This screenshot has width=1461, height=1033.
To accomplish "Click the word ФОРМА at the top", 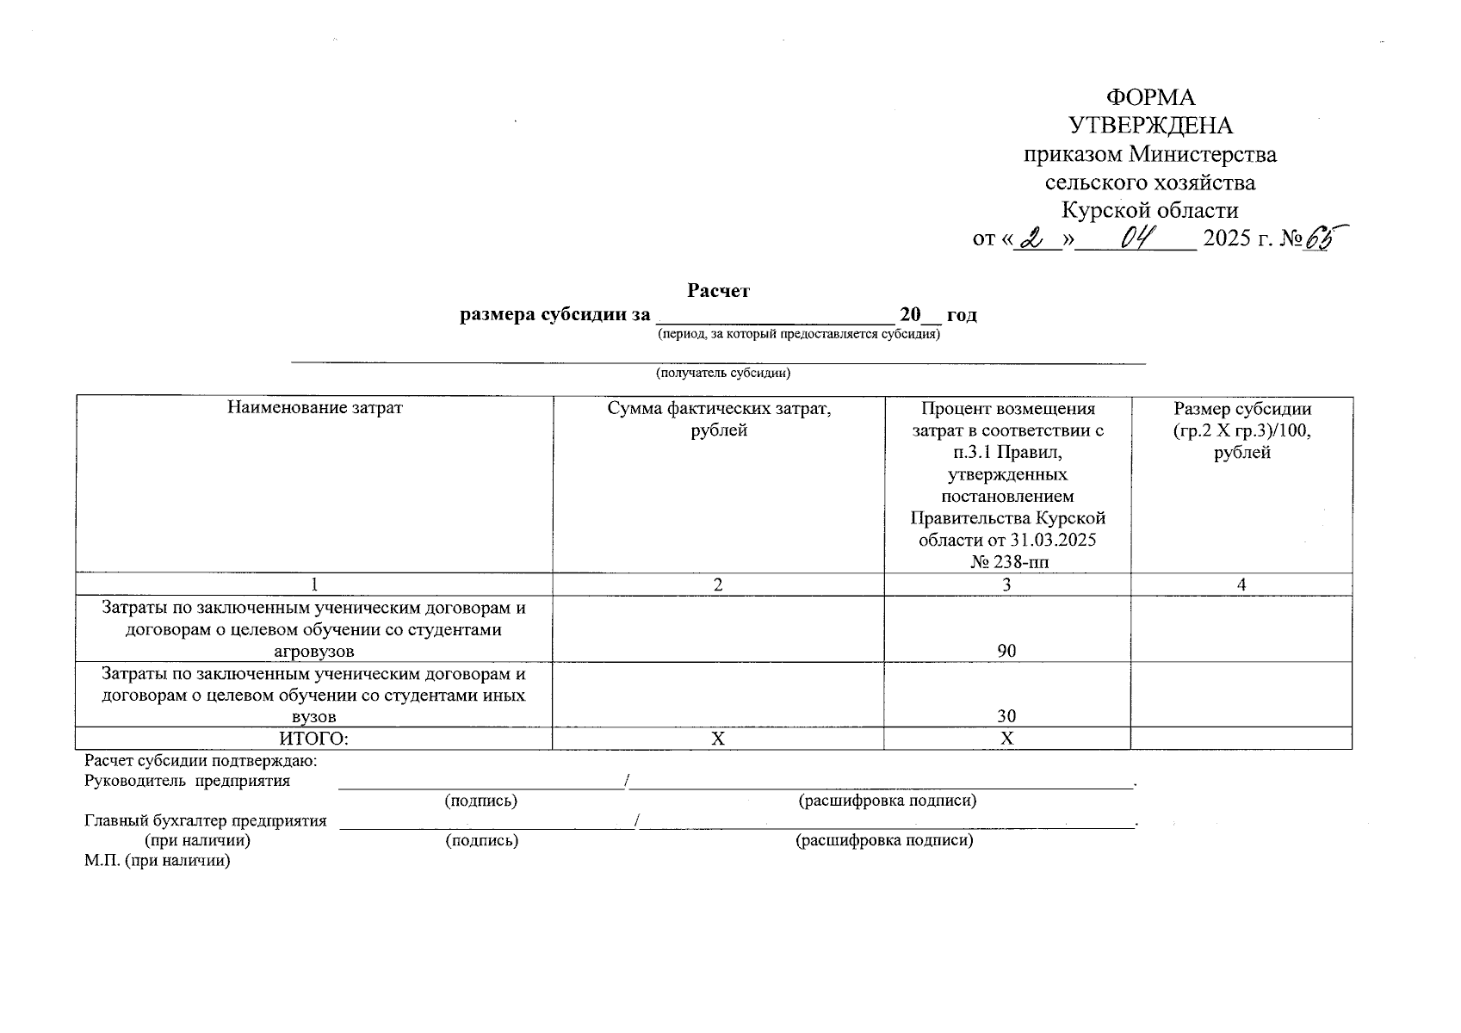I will tap(1150, 97).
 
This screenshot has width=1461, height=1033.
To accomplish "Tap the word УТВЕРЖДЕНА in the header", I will tap(1150, 127).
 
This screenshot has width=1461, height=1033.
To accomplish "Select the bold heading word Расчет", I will tap(718, 291).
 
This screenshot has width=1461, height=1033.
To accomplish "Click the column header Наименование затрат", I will tap(314, 407).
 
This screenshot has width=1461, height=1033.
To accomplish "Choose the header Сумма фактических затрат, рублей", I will tap(719, 418).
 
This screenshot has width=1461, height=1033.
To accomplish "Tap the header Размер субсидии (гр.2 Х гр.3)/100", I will tap(1241, 430).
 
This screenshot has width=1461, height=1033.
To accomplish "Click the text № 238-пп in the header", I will tap(1006, 562).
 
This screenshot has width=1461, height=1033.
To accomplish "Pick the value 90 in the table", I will tap(1006, 651).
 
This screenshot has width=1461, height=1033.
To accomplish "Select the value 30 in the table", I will tap(1006, 716).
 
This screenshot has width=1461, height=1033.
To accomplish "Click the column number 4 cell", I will tap(1241, 585).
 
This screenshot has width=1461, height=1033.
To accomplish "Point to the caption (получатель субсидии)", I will tap(722, 373).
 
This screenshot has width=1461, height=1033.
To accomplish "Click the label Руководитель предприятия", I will tap(187, 782).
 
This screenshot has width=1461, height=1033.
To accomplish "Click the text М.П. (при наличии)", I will tap(158, 860).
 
